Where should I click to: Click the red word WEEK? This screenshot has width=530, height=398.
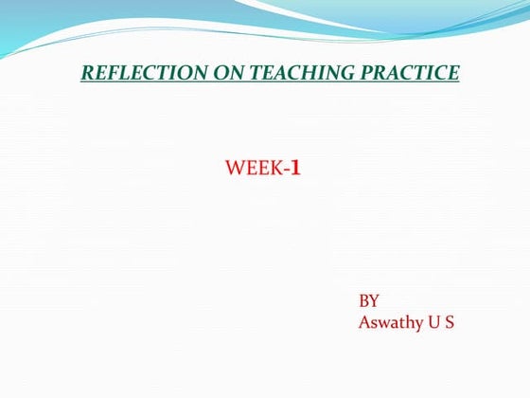point(255,170)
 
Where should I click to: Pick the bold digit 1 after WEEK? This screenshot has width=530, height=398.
point(295,170)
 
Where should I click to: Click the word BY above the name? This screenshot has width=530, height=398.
point(369,300)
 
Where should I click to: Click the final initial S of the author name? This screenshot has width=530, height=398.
point(450,322)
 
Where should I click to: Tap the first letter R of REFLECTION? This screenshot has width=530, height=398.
point(87,72)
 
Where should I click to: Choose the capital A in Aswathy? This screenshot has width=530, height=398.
point(365,322)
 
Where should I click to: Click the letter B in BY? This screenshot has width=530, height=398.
point(364,300)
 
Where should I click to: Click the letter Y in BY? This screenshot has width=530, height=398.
point(375,300)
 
